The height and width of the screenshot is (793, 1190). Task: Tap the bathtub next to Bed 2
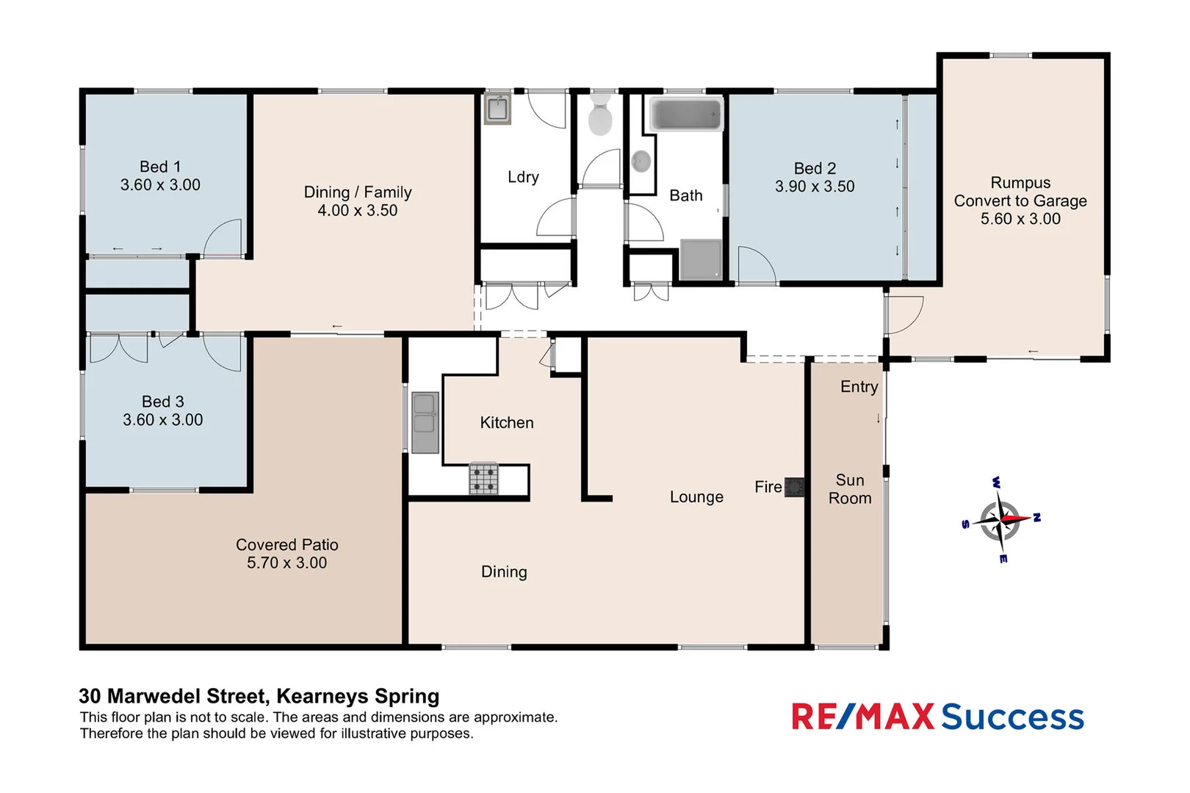(686, 115)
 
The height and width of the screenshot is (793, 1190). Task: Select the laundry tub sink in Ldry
(497, 109)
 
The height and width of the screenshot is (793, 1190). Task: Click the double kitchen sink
(425, 423)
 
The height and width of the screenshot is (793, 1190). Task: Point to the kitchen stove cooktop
(483, 479)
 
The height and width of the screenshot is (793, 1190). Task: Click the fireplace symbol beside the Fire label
(794, 487)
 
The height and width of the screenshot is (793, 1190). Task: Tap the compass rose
(1000, 520)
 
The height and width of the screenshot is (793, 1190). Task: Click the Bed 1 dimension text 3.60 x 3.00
(160, 185)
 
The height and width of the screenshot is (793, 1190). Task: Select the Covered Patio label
(286, 545)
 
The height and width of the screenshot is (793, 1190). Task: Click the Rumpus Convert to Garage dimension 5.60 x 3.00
(1020, 219)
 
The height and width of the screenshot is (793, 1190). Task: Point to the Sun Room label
(850, 489)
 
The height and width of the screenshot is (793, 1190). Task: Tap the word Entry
(859, 387)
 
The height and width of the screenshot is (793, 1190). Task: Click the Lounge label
(696, 497)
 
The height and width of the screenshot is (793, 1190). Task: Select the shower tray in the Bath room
(701, 259)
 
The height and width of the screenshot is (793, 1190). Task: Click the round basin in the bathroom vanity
(641, 162)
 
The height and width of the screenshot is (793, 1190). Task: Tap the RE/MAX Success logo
(937, 717)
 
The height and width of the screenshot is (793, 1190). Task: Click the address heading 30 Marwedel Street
(259, 696)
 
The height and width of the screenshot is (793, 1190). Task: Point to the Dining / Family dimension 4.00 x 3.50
(357, 211)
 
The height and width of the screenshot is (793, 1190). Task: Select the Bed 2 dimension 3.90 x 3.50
(815, 187)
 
